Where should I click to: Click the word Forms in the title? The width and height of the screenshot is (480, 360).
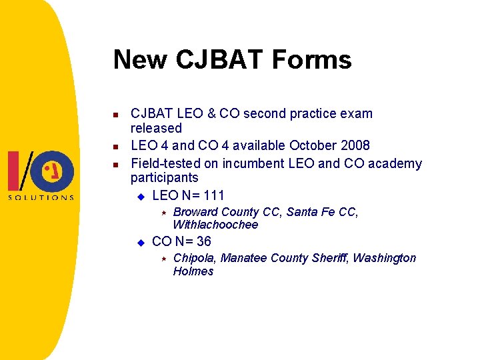pyautogui.click(x=314, y=59)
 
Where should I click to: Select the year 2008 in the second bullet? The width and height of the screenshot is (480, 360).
pyautogui.click(x=355, y=145)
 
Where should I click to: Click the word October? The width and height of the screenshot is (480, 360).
pyautogui.click(x=313, y=145)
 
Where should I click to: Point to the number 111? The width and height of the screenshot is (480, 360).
pyautogui.click(x=213, y=195)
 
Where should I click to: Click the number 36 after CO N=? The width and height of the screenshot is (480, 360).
pyautogui.click(x=203, y=241)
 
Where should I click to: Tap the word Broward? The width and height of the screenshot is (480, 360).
pyautogui.click(x=195, y=212)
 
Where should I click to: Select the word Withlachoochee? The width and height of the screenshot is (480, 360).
pyautogui.click(x=215, y=225)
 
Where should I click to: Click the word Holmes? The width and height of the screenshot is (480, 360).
pyautogui.click(x=193, y=271)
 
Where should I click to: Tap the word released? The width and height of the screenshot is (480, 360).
pyautogui.click(x=156, y=128)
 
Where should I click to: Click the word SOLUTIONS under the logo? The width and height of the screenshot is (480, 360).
pyautogui.click(x=41, y=197)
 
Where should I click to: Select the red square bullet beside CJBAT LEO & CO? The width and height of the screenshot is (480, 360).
pyautogui.click(x=115, y=115)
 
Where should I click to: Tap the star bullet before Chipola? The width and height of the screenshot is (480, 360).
pyautogui.click(x=162, y=258)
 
